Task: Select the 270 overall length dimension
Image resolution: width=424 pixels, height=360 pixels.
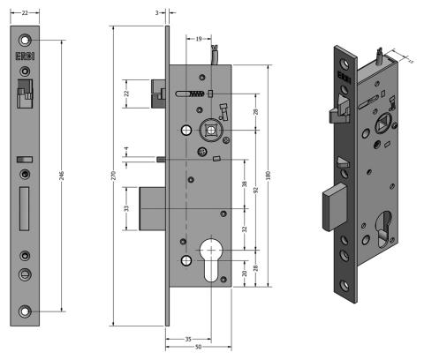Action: pyautogui.click(x=114, y=176)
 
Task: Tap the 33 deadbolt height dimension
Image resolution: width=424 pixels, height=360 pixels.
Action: pyautogui.click(x=126, y=208)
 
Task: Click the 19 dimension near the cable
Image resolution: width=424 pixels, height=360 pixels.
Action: pyautogui.click(x=200, y=38)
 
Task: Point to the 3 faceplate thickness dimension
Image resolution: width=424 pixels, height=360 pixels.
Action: pyautogui.click(x=156, y=13)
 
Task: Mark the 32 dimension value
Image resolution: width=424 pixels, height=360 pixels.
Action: pyautogui.click(x=245, y=228)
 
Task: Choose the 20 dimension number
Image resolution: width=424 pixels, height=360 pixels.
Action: pyautogui.click(x=245, y=273)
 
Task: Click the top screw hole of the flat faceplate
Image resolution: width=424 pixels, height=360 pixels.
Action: pyautogui.click(x=26, y=40)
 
